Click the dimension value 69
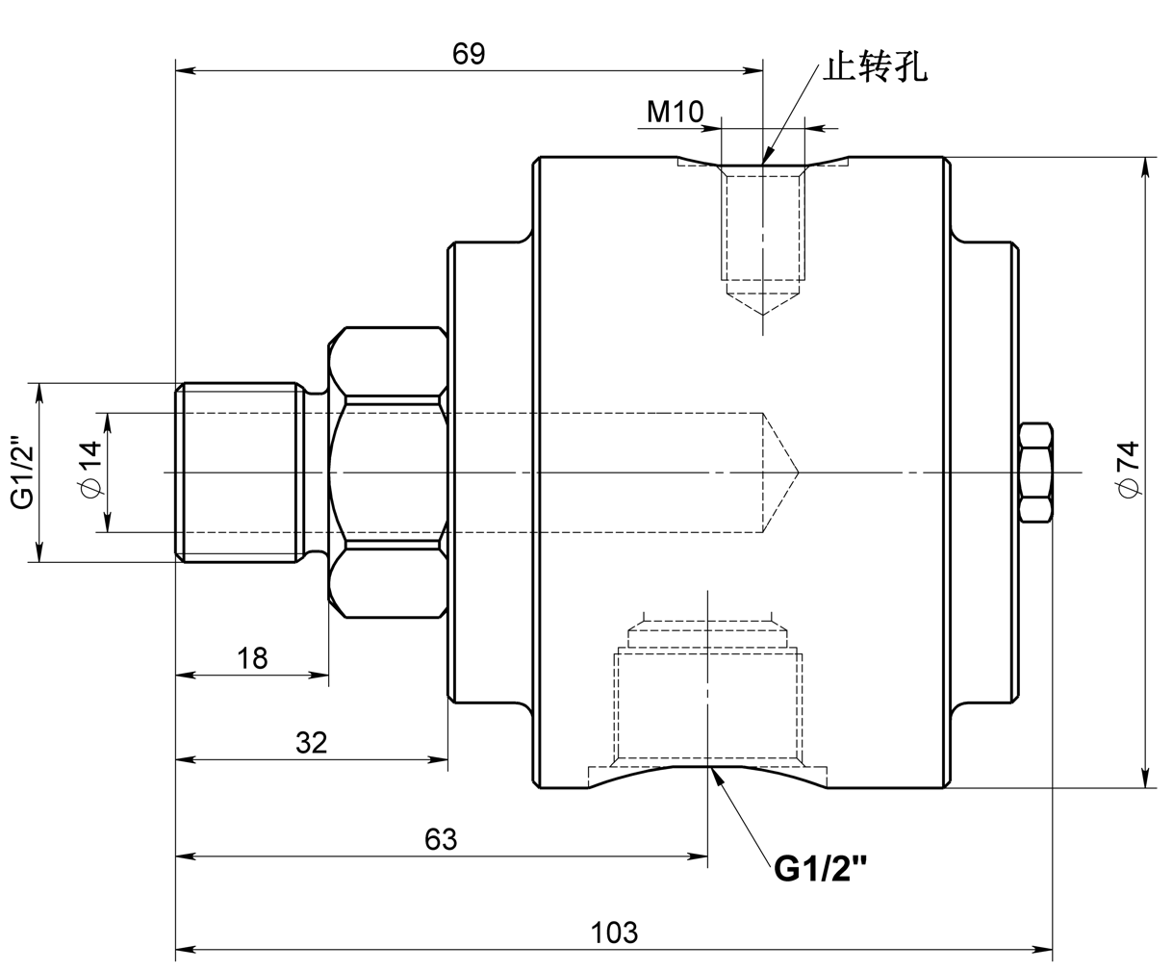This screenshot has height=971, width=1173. point(469,54)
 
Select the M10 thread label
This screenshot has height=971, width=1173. point(675,112)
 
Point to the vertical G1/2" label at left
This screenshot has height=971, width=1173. point(22,473)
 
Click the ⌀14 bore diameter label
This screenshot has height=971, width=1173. point(89,471)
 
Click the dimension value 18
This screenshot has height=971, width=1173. point(252,658)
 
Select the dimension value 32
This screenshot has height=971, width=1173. point(311,743)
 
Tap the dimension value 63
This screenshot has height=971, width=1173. point(441,839)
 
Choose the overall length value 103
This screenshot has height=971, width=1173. point(614,933)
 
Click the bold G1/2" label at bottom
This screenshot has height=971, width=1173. point(821,870)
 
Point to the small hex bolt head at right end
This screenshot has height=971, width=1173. point(1035,473)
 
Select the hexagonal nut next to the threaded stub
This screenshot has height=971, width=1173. point(387,473)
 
